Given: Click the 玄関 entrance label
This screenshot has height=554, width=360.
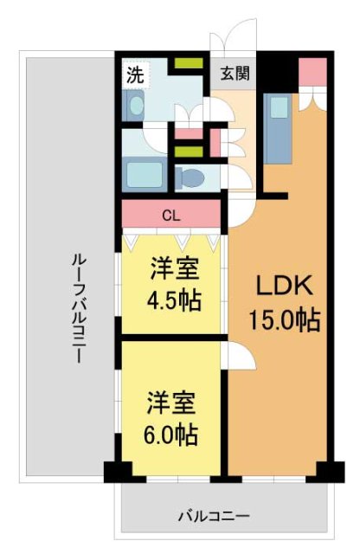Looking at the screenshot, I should pos(234,74).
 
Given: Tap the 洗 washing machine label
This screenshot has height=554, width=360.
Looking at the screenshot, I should pos(134,74).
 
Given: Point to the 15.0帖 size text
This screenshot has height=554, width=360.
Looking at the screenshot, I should pos(285,320).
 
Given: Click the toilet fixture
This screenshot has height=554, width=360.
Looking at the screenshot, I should pos(191,178).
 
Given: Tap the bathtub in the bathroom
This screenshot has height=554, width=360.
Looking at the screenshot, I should pos(145,175).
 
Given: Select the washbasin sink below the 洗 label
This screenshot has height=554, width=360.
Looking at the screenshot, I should pos(137,107).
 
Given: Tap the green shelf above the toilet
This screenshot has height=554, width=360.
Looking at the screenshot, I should pos(185,152).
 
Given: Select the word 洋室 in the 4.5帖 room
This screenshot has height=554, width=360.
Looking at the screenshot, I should pos(173,268).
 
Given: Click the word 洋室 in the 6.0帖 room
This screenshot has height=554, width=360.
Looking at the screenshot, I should pos(170,403).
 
